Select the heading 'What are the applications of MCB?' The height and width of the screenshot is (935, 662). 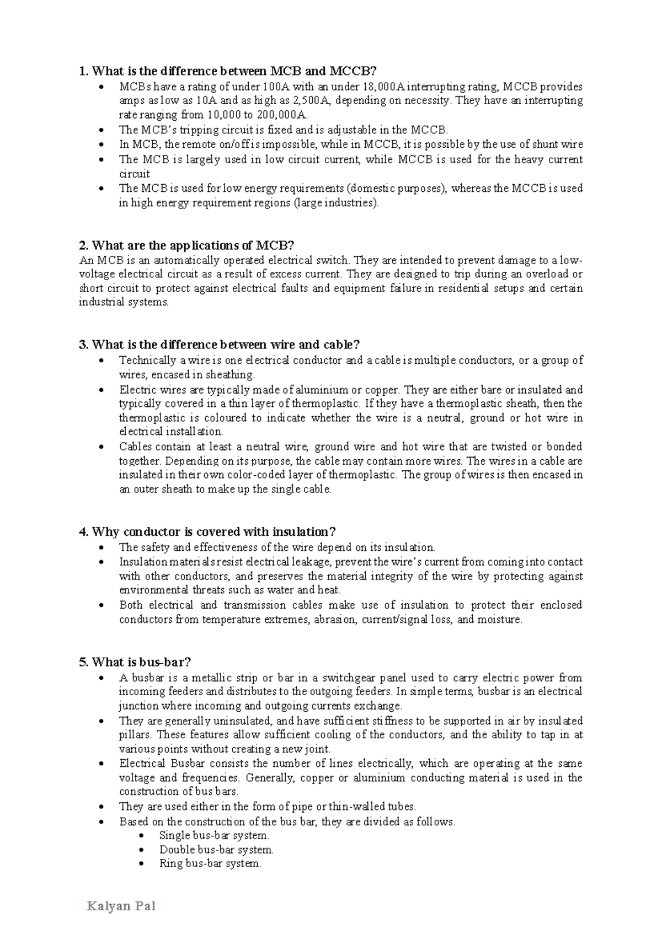coord(187,245)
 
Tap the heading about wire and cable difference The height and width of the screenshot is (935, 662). coord(220,345)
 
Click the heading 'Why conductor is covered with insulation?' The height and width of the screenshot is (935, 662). coord(207,531)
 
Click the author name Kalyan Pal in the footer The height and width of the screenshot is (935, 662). coord(121,906)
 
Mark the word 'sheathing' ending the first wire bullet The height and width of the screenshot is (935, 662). coord(234,375)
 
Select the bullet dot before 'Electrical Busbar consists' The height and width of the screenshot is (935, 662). coord(100,764)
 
